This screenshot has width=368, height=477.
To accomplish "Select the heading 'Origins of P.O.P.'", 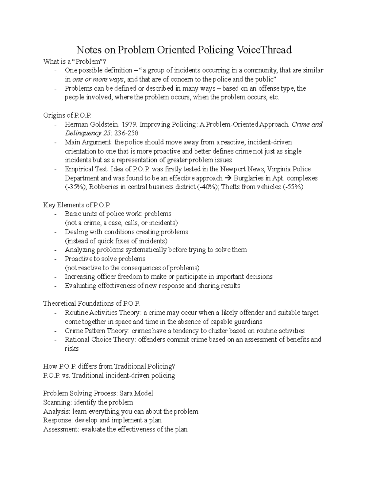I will click(67, 115).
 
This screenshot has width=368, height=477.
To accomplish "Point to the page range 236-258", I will click(121, 133).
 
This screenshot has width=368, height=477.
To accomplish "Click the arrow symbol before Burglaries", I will click(229, 178).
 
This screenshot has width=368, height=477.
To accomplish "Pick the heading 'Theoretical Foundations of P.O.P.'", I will click(91, 303).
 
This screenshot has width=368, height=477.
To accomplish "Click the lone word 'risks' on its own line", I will click(71, 349).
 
